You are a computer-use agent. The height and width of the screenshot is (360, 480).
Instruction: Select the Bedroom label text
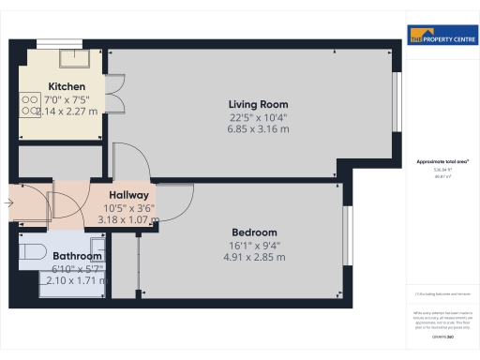[x=255, y=232]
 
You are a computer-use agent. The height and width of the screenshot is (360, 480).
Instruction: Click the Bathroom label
[x=77, y=255]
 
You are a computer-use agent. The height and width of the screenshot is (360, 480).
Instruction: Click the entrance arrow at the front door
[x=9, y=200]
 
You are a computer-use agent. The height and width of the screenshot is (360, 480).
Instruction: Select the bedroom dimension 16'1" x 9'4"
[x=255, y=246]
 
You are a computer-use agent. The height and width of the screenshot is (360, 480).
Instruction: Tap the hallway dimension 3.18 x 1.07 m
[x=128, y=221]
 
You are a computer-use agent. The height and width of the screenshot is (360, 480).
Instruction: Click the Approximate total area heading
[x=442, y=162]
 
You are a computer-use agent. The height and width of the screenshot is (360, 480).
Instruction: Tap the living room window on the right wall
[x=395, y=101]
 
